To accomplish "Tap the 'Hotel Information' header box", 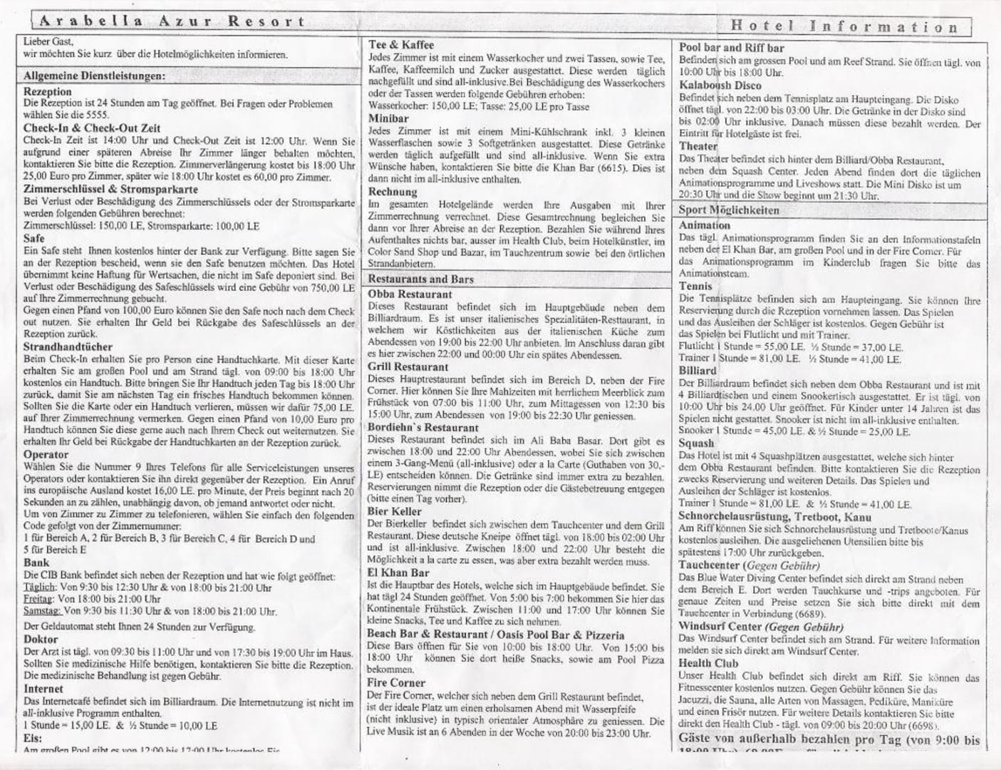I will coord(845,27).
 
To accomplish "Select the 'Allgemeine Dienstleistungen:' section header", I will coord(94,76).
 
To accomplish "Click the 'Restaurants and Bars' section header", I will coord(421,279).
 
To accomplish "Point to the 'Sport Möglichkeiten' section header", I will coord(729,210).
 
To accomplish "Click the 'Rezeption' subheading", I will coord(48,91).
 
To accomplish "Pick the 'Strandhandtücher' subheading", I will coord(68,347).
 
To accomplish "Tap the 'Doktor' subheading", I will coord(41,640).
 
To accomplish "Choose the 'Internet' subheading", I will coord(43,689).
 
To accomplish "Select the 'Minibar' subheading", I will coord(389,118).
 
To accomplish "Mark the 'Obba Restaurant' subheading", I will coord(410,294).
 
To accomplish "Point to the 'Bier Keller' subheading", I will coord(395,511).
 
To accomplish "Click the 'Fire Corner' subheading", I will coord(396,683).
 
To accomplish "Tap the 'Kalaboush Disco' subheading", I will coord(720,86).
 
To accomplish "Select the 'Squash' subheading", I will coord(696,443).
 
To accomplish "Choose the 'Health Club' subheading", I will coord(708,664).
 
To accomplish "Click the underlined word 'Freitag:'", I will coord(38,600).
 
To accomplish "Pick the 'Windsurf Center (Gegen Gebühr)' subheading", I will coord(761,627).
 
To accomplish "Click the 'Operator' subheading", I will coord(46,455).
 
